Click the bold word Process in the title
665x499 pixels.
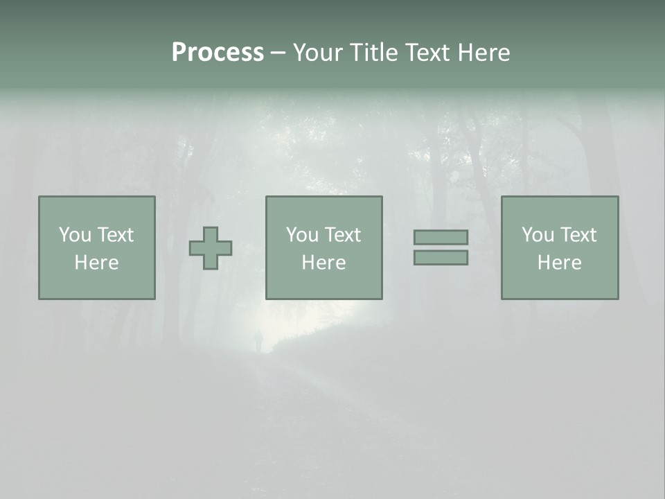(218, 53)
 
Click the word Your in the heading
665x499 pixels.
(316, 53)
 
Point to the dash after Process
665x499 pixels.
(278, 53)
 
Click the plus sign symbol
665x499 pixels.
(211, 248)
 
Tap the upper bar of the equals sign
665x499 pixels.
(441, 237)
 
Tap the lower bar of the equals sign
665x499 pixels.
(441, 257)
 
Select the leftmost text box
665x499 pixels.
(97, 247)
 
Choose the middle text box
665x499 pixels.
(324, 247)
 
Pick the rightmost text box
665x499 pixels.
(560, 247)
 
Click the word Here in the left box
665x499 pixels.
(97, 263)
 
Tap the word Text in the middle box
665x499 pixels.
(343, 235)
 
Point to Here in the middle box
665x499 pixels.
(324, 263)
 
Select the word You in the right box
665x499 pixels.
(538, 235)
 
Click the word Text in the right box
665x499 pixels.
(578, 235)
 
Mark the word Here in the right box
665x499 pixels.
(560, 263)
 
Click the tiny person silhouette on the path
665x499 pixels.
(259, 340)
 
